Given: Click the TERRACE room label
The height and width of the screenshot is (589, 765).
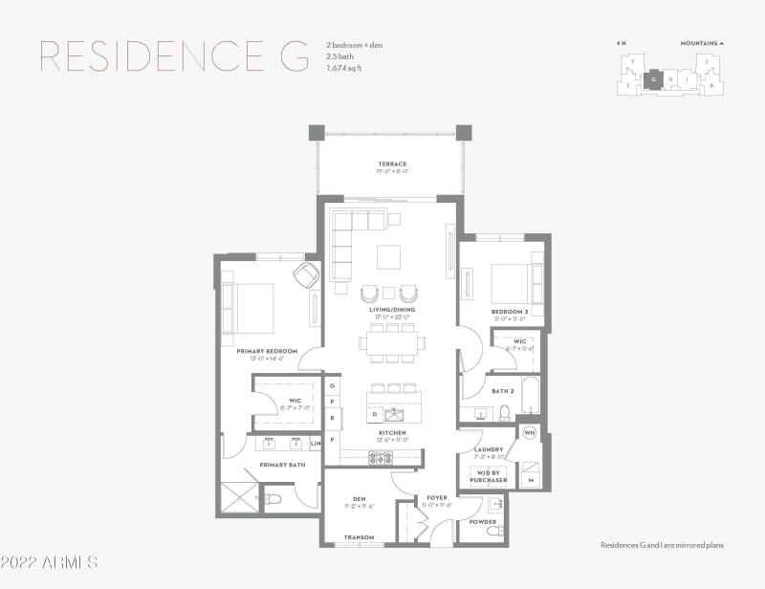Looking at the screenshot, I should click(x=392, y=164).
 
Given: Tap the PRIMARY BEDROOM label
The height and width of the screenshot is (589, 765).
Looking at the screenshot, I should click(x=267, y=351).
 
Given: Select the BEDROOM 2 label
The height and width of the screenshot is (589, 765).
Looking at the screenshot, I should click(x=510, y=312).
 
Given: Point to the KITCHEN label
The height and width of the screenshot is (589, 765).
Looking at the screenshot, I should click(x=392, y=433).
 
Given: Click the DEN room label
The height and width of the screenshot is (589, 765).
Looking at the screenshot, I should click(x=360, y=498).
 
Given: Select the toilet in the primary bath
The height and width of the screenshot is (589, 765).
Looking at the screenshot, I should click(x=273, y=498).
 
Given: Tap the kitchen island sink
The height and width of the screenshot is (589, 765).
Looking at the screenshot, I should click(x=392, y=414).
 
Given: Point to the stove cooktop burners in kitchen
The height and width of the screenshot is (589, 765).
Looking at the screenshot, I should click(x=379, y=458).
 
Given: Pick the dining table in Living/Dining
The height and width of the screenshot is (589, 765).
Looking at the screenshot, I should click(x=392, y=342).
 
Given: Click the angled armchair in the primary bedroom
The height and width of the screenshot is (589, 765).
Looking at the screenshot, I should click(x=306, y=275).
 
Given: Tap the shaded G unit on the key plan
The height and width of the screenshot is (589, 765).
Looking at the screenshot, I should click(x=654, y=80).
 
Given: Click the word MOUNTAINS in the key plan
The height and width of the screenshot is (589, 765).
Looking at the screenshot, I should click(x=698, y=43).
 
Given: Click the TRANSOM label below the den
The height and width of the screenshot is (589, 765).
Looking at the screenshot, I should click(x=360, y=537).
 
